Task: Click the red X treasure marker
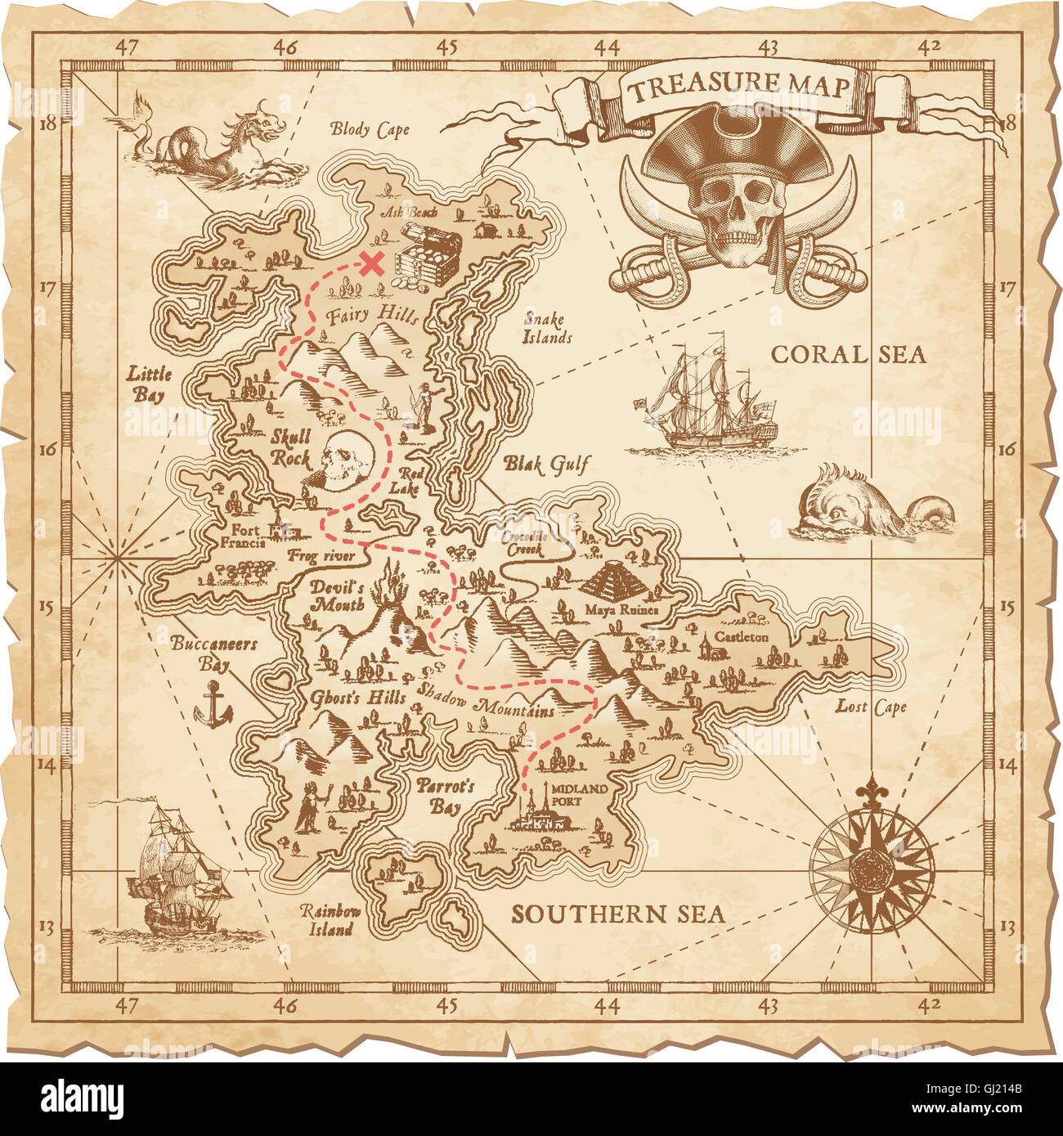pos(373,263)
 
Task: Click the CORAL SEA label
pos(849,354)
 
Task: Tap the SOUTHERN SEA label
pos(618,914)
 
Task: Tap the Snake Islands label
pos(547,329)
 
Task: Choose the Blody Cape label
pos(369,128)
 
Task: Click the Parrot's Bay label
pos(446,797)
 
